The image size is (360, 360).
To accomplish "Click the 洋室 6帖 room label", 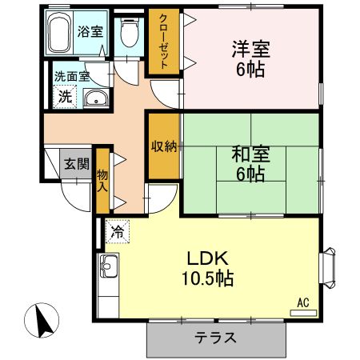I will click(250, 58).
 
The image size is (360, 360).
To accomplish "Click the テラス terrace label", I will click(216, 337).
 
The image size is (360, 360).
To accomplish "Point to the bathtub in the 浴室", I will click(59, 34).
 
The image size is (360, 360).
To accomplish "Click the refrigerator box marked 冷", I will click(118, 232).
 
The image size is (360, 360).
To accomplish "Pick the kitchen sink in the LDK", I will click(108, 268).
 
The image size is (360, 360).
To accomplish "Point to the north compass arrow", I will click(42, 322).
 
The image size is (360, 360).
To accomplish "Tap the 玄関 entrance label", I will click(76, 164).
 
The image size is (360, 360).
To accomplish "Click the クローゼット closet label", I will click(163, 42).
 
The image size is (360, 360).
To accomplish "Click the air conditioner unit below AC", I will click(302, 312).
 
